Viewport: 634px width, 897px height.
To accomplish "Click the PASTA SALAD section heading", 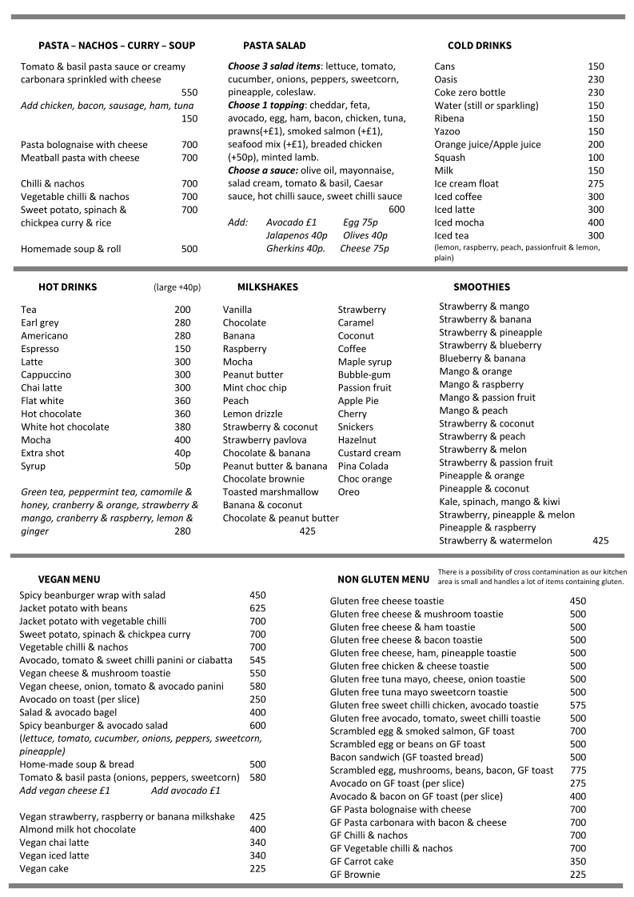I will tap(274, 46).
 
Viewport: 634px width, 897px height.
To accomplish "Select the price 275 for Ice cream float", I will tap(596, 183).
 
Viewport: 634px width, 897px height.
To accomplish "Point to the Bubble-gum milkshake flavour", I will tap(364, 374).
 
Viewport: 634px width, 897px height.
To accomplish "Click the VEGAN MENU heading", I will tap(69, 579).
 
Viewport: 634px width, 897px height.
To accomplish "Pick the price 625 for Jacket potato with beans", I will tap(257, 608).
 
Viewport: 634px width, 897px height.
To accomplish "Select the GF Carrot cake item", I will tap(361, 862).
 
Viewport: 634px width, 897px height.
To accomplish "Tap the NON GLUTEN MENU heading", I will tap(383, 579).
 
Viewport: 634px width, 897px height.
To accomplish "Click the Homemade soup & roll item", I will tap(71, 249).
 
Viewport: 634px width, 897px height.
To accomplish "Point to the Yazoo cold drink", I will tap(447, 131).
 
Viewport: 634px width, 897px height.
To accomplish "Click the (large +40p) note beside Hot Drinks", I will tap(177, 287).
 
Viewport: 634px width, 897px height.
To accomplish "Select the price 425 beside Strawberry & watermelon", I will tap(600, 541).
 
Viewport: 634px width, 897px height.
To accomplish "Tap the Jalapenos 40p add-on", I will tap(297, 235).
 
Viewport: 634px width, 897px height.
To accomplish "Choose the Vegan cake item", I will tap(44, 868).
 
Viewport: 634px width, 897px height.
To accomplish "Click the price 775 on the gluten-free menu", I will tap(577, 771).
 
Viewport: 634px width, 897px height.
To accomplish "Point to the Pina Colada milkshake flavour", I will tap(363, 466).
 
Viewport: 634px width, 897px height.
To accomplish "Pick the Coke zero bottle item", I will tap(469, 93).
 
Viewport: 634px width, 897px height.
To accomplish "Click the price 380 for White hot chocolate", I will tap(182, 426).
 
